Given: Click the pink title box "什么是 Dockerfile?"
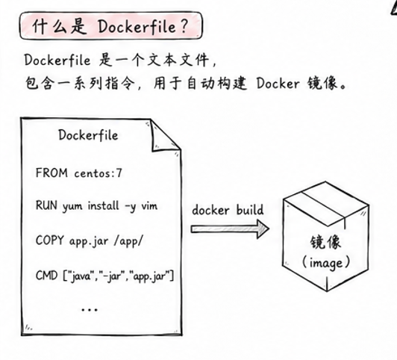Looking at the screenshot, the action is tap(111, 25).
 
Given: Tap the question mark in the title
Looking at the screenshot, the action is tap(184, 26).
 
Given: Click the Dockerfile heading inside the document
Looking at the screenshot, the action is tap(88, 134).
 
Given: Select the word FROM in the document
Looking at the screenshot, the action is tap(51, 173).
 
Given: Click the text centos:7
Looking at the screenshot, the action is tap(99, 173).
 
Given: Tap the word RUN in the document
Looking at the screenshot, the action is tap(46, 205).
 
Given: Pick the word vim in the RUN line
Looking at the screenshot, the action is tap(149, 205).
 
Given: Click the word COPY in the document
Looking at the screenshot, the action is tap(49, 240).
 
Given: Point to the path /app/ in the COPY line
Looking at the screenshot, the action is tap(128, 240).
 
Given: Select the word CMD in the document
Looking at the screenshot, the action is tap(46, 276).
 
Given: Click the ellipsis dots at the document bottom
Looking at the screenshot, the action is tap(90, 309).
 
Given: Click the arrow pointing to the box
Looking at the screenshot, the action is tap(230, 229).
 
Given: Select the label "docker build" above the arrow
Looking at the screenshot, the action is tap(228, 210).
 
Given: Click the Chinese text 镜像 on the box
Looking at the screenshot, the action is tap(325, 243).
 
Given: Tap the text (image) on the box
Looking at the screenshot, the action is tap(326, 263).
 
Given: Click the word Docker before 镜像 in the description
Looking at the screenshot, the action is tap(278, 84).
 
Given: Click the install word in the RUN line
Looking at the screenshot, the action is tap(103, 205).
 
